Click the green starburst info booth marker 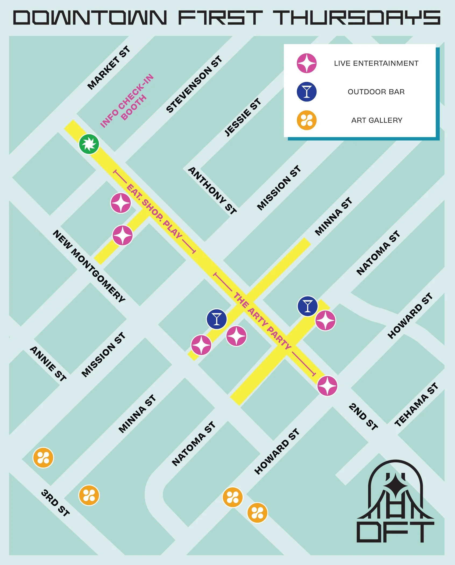[89, 144]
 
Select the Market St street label [109, 68]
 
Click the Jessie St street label [243, 117]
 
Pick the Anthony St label [212, 190]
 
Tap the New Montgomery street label [89, 266]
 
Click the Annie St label [48, 364]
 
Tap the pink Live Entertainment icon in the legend [307, 63]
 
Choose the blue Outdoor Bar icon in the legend [307, 92]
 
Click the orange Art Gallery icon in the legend [307, 120]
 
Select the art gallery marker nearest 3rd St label [89, 495]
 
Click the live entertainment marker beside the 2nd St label [327, 386]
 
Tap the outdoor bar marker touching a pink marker [307, 306]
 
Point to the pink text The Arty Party [262, 321]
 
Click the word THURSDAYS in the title [357, 18]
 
